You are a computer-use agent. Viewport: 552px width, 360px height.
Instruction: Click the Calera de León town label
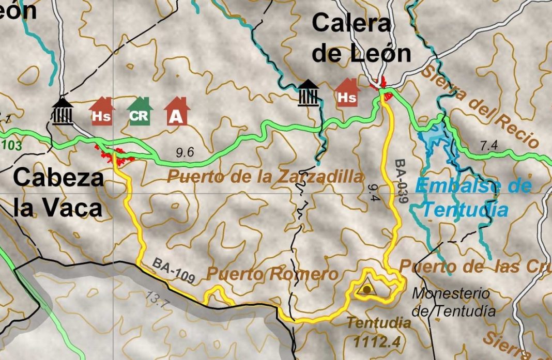[361, 38]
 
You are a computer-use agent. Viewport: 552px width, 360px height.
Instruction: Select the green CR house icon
[139, 112]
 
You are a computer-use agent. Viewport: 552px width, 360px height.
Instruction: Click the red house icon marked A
[177, 112]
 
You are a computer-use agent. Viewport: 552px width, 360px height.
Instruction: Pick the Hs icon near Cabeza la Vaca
[101, 112]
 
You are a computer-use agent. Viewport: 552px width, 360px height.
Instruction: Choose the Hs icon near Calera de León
[347, 93]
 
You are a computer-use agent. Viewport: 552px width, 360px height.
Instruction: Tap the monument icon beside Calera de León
[309, 93]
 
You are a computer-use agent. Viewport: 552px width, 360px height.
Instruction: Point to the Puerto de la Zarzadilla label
[265, 177]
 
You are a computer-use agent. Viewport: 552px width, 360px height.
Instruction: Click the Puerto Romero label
[272, 274]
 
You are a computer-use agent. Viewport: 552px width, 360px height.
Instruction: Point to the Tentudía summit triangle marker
[367, 288]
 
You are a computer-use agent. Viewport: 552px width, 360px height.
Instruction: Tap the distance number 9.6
[185, 152]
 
